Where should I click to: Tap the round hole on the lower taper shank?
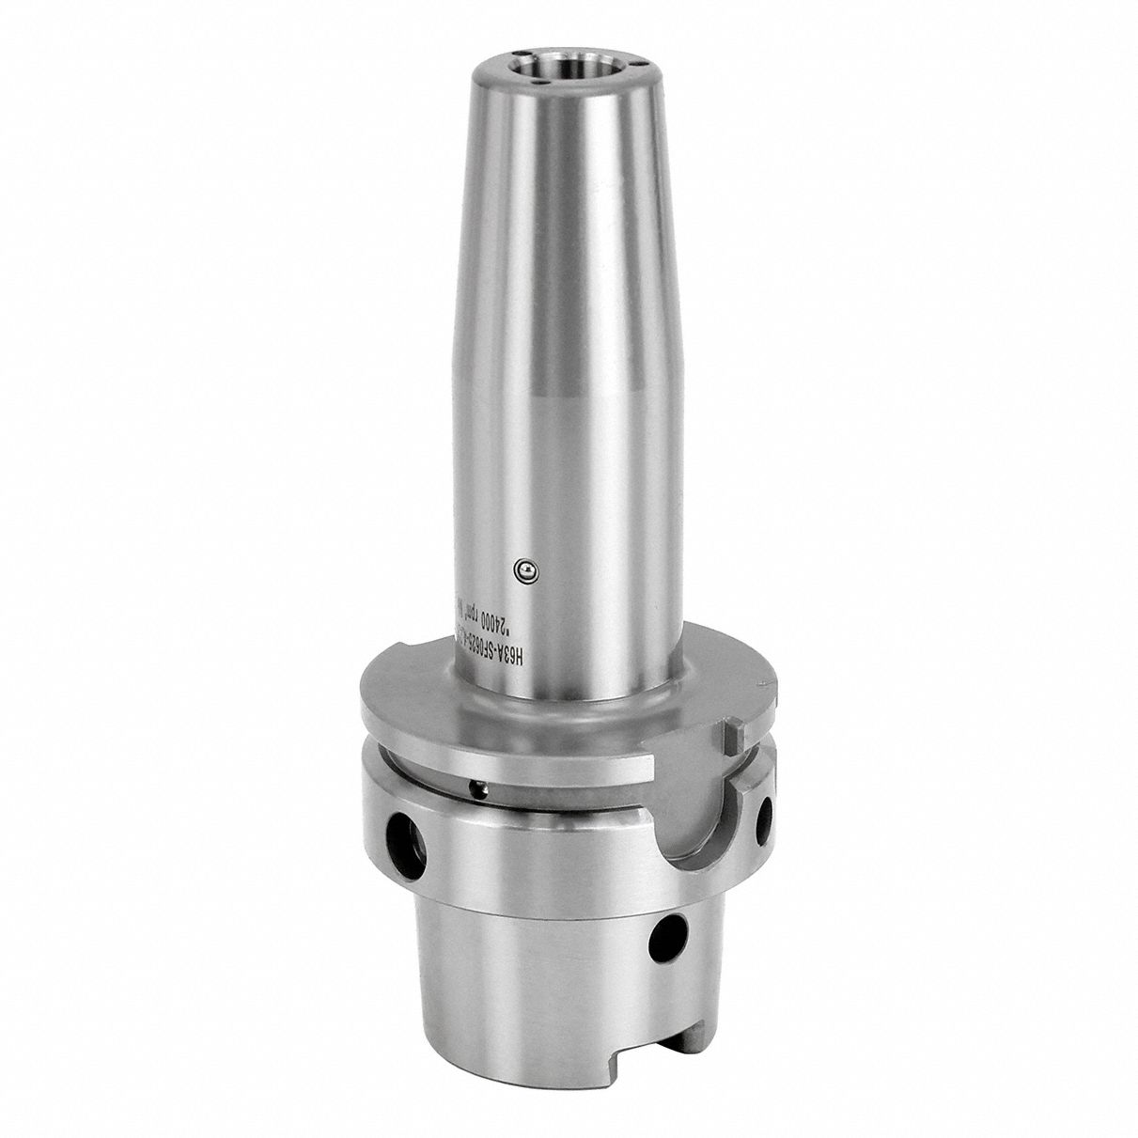click(674, 932)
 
